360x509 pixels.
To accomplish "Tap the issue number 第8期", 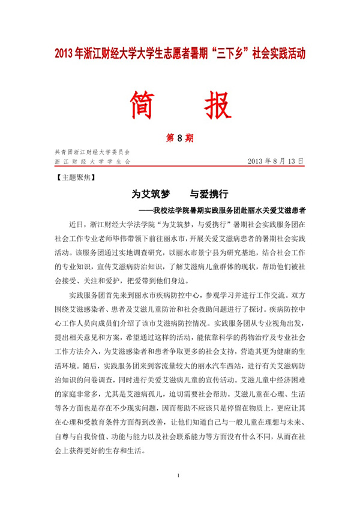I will pyautogui.click(x=179, y=138).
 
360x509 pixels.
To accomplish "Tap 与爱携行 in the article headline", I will pyautogui.click(x=209, y=195).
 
